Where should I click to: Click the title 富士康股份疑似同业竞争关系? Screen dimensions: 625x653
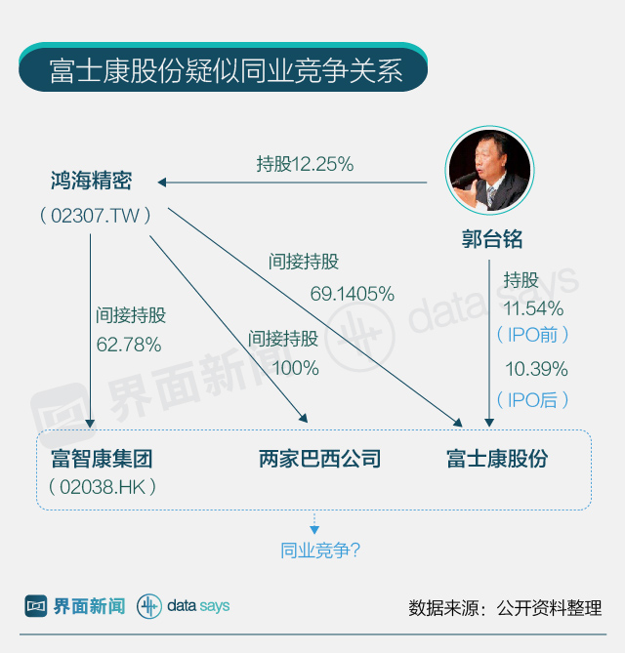pyautogui.click(x=226, y=71)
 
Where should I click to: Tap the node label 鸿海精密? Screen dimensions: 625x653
pyautogui.click(x=91, y=181)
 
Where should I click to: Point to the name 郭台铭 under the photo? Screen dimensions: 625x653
pyautogui.click(x=492, y=239)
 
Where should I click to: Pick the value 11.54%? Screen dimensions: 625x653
pyautogui.click(x=533, y=308)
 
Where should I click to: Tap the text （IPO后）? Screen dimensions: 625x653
pyautogui.click(x=532, y=399)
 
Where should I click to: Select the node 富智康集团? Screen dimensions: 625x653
pyautogui.click(x=102, y=458)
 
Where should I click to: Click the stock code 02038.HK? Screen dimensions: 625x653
pyautogui.click(x=102, y=485)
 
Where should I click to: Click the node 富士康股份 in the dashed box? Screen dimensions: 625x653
pyautogui.click(x=497, y=459)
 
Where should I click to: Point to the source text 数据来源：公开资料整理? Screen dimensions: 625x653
pyautogui.click(x=505, y=607)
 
